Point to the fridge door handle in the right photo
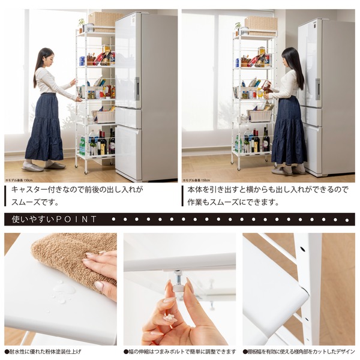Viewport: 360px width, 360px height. (x=317, y=89)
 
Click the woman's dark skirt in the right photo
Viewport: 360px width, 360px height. (x=287, y=130)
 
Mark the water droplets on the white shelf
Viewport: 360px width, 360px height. (x=62, y=290)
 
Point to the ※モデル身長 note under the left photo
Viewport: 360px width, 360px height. (x=17, y=179)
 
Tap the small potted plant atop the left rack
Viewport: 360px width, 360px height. (x=82, y=25)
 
